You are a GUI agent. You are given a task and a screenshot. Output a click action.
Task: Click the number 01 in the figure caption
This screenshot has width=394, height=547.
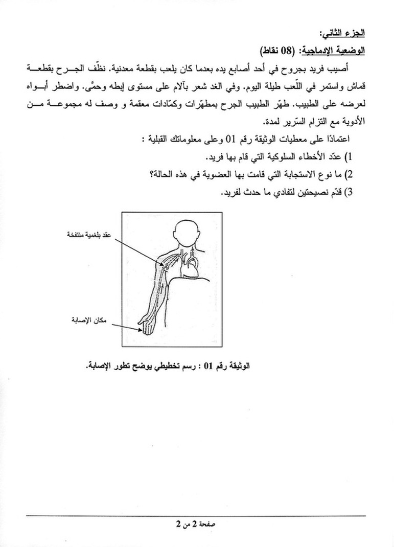(x=208, y=366)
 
